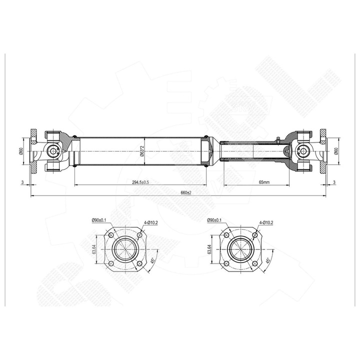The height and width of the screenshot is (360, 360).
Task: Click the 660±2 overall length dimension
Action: tap(186, 193)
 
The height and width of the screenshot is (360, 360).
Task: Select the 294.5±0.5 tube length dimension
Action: tap(140, 182)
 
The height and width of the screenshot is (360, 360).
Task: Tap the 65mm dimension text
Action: tap(264, 182)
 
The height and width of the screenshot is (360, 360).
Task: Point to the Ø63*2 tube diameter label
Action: tap(142, 151)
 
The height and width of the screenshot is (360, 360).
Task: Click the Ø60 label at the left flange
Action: tap(21, 151)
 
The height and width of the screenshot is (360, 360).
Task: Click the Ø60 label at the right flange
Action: tap(336, 151)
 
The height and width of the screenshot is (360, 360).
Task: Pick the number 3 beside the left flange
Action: tap(22, 182)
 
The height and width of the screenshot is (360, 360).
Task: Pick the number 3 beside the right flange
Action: tap(334, 182)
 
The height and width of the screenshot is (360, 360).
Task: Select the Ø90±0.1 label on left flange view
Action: tap(99, 220)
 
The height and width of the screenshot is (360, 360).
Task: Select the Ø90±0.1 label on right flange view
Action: tap(214, 220)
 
